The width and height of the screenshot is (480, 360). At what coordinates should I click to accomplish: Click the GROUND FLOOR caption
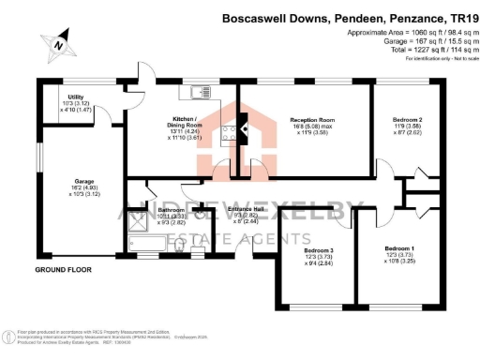(62, 270)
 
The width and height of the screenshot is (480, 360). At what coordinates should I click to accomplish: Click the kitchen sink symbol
(201, 92)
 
